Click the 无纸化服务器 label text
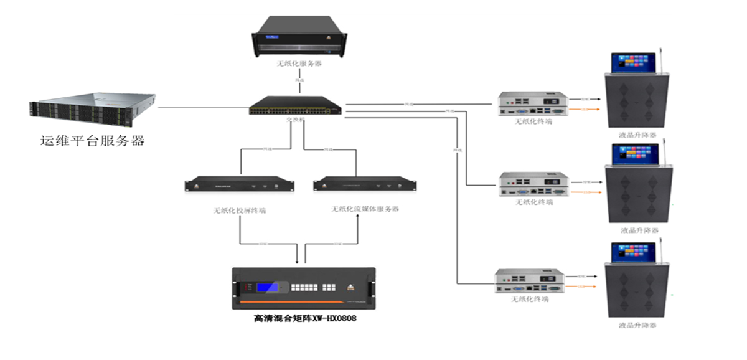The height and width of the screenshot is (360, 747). coord(299,64)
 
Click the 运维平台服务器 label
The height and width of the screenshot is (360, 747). coord(92,141)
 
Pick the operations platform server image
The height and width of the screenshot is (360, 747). coord(92,107)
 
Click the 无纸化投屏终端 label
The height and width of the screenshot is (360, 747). coord(240,211)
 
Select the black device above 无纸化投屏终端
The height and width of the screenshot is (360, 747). coord(240,185)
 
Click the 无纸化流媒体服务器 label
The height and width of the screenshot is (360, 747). coord(365,209)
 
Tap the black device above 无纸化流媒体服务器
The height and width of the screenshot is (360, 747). coord(365,184)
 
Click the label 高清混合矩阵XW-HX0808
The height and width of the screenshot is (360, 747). coord(304,319)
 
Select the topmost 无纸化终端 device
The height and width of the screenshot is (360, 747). coord(533,104)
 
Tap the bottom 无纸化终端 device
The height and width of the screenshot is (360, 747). coord(530,280)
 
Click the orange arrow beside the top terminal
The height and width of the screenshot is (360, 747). coord(586,109)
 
